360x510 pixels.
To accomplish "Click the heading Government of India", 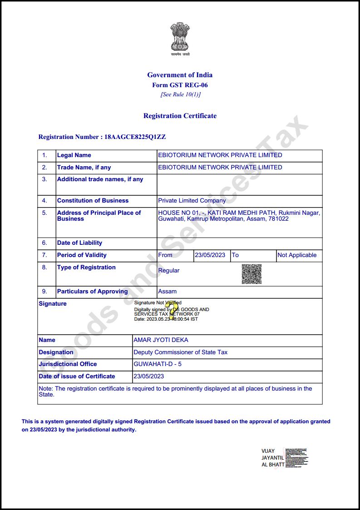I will pos(180,75).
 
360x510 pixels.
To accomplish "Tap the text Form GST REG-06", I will pos(180,85).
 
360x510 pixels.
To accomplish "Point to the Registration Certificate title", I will pos(180,116).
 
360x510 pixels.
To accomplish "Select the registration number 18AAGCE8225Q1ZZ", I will pos(135,137).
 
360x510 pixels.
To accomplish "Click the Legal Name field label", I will pos(74,155).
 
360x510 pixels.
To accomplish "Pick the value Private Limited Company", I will pos(192,201).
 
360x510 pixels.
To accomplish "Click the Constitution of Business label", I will pos(93,201).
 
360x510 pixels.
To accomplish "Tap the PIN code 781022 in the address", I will pos(279,219).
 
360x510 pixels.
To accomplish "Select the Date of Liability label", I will pos(79,243).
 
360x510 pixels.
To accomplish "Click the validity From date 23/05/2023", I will pos(210,255).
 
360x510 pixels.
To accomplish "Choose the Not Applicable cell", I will pos(297,255).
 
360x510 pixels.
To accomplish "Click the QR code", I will pos(252,274).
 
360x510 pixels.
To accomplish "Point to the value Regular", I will pos(168,271).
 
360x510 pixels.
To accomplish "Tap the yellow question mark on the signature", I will pos(172,309).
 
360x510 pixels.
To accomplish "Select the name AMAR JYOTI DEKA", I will pos(161,340).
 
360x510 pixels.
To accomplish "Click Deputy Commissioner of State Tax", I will pos(180,352).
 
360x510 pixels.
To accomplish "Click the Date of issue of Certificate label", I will pos(77,376).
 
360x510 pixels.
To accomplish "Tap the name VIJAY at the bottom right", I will pos(268,451).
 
